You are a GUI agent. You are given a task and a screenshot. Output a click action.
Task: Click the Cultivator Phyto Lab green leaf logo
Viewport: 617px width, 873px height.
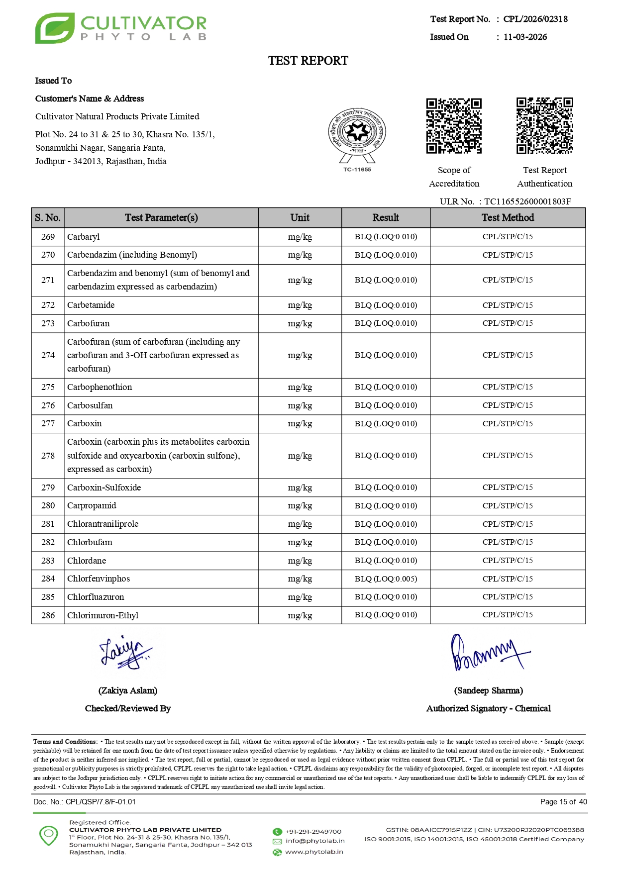coord(55,28)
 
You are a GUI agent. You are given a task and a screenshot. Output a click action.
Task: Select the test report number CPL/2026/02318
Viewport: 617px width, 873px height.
coord(535,19)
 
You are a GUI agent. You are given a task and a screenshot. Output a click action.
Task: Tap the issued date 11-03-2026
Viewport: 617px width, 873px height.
coord(525,37)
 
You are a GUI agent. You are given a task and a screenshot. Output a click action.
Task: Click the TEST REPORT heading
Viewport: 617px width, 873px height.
coord(308,61)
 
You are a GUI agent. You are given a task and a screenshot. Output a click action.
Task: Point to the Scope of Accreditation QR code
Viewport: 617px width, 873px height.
coord(454,126)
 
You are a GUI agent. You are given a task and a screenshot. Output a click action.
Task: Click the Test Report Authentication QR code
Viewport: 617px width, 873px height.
coord(544,126)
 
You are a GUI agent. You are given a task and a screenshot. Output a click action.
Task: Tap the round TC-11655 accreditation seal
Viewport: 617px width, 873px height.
coord(357,133)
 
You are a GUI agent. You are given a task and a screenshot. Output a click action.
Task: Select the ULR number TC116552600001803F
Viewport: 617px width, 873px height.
coord(527,201)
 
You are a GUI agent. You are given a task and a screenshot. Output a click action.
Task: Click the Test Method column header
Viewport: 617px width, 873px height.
coord(508,217)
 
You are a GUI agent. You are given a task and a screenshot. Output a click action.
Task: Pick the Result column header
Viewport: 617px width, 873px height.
coord(386,217)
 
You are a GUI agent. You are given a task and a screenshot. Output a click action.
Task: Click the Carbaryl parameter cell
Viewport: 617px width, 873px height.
coord(84,237)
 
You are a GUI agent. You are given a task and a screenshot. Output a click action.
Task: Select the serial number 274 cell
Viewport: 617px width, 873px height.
coord(48,355)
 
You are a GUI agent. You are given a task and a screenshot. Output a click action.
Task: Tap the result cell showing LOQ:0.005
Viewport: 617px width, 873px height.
coord(386,579)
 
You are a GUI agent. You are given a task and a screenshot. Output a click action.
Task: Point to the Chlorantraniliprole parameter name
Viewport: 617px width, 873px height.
coord(103,524)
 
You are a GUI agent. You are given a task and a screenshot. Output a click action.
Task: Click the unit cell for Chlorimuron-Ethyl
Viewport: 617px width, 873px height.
coord(300,615)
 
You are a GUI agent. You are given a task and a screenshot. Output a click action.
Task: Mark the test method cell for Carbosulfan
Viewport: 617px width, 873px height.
coord(508,405)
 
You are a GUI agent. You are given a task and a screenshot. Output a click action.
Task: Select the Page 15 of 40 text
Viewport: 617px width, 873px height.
coord(563,802)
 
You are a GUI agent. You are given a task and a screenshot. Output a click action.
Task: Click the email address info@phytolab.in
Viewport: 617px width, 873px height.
coord(315,841)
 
